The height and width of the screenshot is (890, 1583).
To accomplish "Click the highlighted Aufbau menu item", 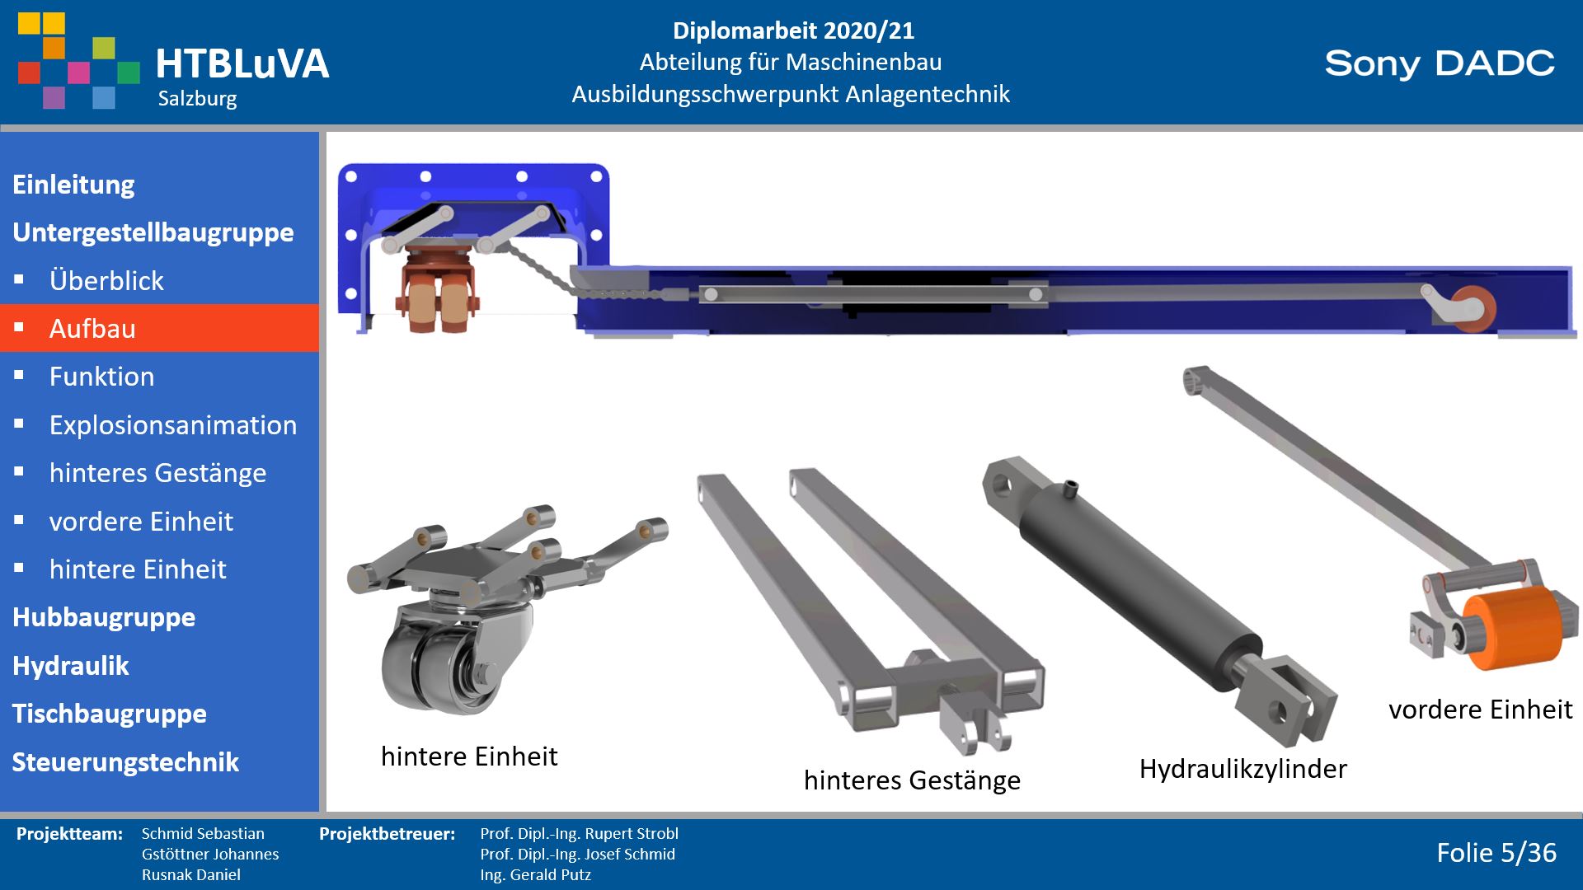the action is [159, 328].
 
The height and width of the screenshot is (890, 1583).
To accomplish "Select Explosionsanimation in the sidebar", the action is [172, 425].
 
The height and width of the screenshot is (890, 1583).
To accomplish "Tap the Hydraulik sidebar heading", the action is [71, 666].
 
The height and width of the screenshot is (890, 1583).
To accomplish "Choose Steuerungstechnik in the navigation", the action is [125, 762].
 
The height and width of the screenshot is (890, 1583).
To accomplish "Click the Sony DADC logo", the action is [1440, 63].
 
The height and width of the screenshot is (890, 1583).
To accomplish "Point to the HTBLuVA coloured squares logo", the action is [78, 60].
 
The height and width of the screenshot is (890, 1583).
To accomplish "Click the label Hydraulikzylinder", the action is [1243, 769].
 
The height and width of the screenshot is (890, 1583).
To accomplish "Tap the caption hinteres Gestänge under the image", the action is [912, 780].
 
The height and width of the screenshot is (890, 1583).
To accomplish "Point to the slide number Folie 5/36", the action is [1496, 853].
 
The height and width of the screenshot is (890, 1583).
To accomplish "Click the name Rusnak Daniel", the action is [191, 875].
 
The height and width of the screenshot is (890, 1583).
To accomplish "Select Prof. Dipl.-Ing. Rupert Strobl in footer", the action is [580, 834].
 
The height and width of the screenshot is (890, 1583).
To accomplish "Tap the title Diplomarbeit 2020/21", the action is [793, 31].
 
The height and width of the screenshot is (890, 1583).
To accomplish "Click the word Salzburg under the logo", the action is [198, 99].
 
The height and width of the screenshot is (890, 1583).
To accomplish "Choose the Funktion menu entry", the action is [101, 377].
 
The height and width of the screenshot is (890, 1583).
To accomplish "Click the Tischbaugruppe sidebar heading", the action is [110, 714].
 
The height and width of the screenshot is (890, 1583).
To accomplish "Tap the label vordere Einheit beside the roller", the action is [1481, 710].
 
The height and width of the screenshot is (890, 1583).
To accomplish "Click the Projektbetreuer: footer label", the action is [388, 834].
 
